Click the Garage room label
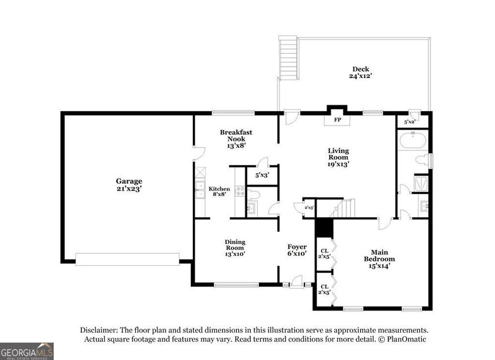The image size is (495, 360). point(129,185)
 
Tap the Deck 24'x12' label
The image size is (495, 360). point(360,73)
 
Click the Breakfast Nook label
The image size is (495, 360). point(236,138)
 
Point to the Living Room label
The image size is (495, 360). point(338,157)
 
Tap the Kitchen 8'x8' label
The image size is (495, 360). point(219,192)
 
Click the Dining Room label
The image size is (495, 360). point(235,248)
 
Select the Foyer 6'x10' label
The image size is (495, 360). point(297,250)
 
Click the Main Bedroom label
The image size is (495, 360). point(379,258)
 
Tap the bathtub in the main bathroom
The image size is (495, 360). point(412,142)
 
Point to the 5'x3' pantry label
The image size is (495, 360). point(262,176)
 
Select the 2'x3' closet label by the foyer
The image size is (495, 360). point(309,208)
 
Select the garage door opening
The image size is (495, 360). point(127,259)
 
